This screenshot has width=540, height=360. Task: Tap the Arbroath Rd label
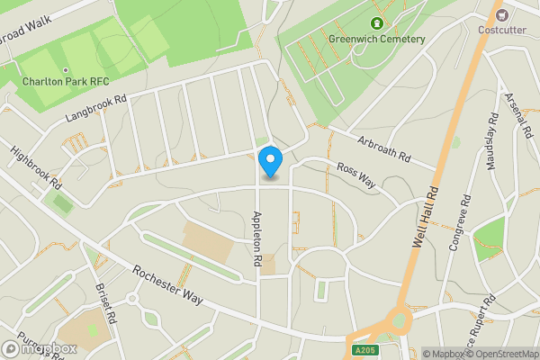click(384, 148)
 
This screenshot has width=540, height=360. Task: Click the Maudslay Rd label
click(492, 143)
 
